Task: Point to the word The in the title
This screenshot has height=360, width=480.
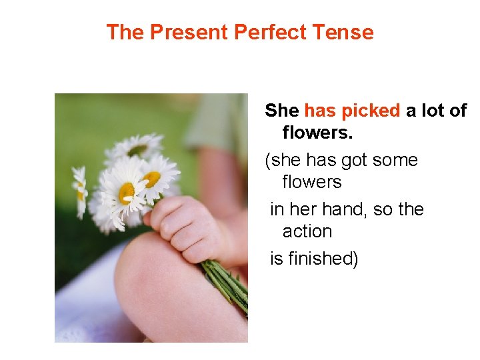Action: [125, 32]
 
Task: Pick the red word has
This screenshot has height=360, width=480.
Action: [319, 111]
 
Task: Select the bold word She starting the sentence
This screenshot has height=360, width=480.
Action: [282, 111]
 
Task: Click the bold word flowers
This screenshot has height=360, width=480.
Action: [317, 132]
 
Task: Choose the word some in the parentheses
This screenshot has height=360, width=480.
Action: [396, 161]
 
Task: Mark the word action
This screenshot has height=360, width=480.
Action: [307, 231]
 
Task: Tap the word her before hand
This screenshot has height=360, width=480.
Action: [303, 209]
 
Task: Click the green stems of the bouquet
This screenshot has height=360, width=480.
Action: [227, 283]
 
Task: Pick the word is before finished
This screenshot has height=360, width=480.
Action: [276, 258]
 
